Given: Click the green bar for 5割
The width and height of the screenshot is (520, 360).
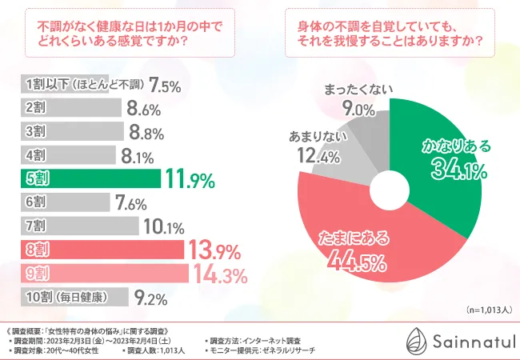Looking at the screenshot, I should pos(88,179).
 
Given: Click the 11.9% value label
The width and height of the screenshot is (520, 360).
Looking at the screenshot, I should pos(189,179).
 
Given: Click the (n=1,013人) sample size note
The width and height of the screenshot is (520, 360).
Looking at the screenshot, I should pos(487,310).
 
